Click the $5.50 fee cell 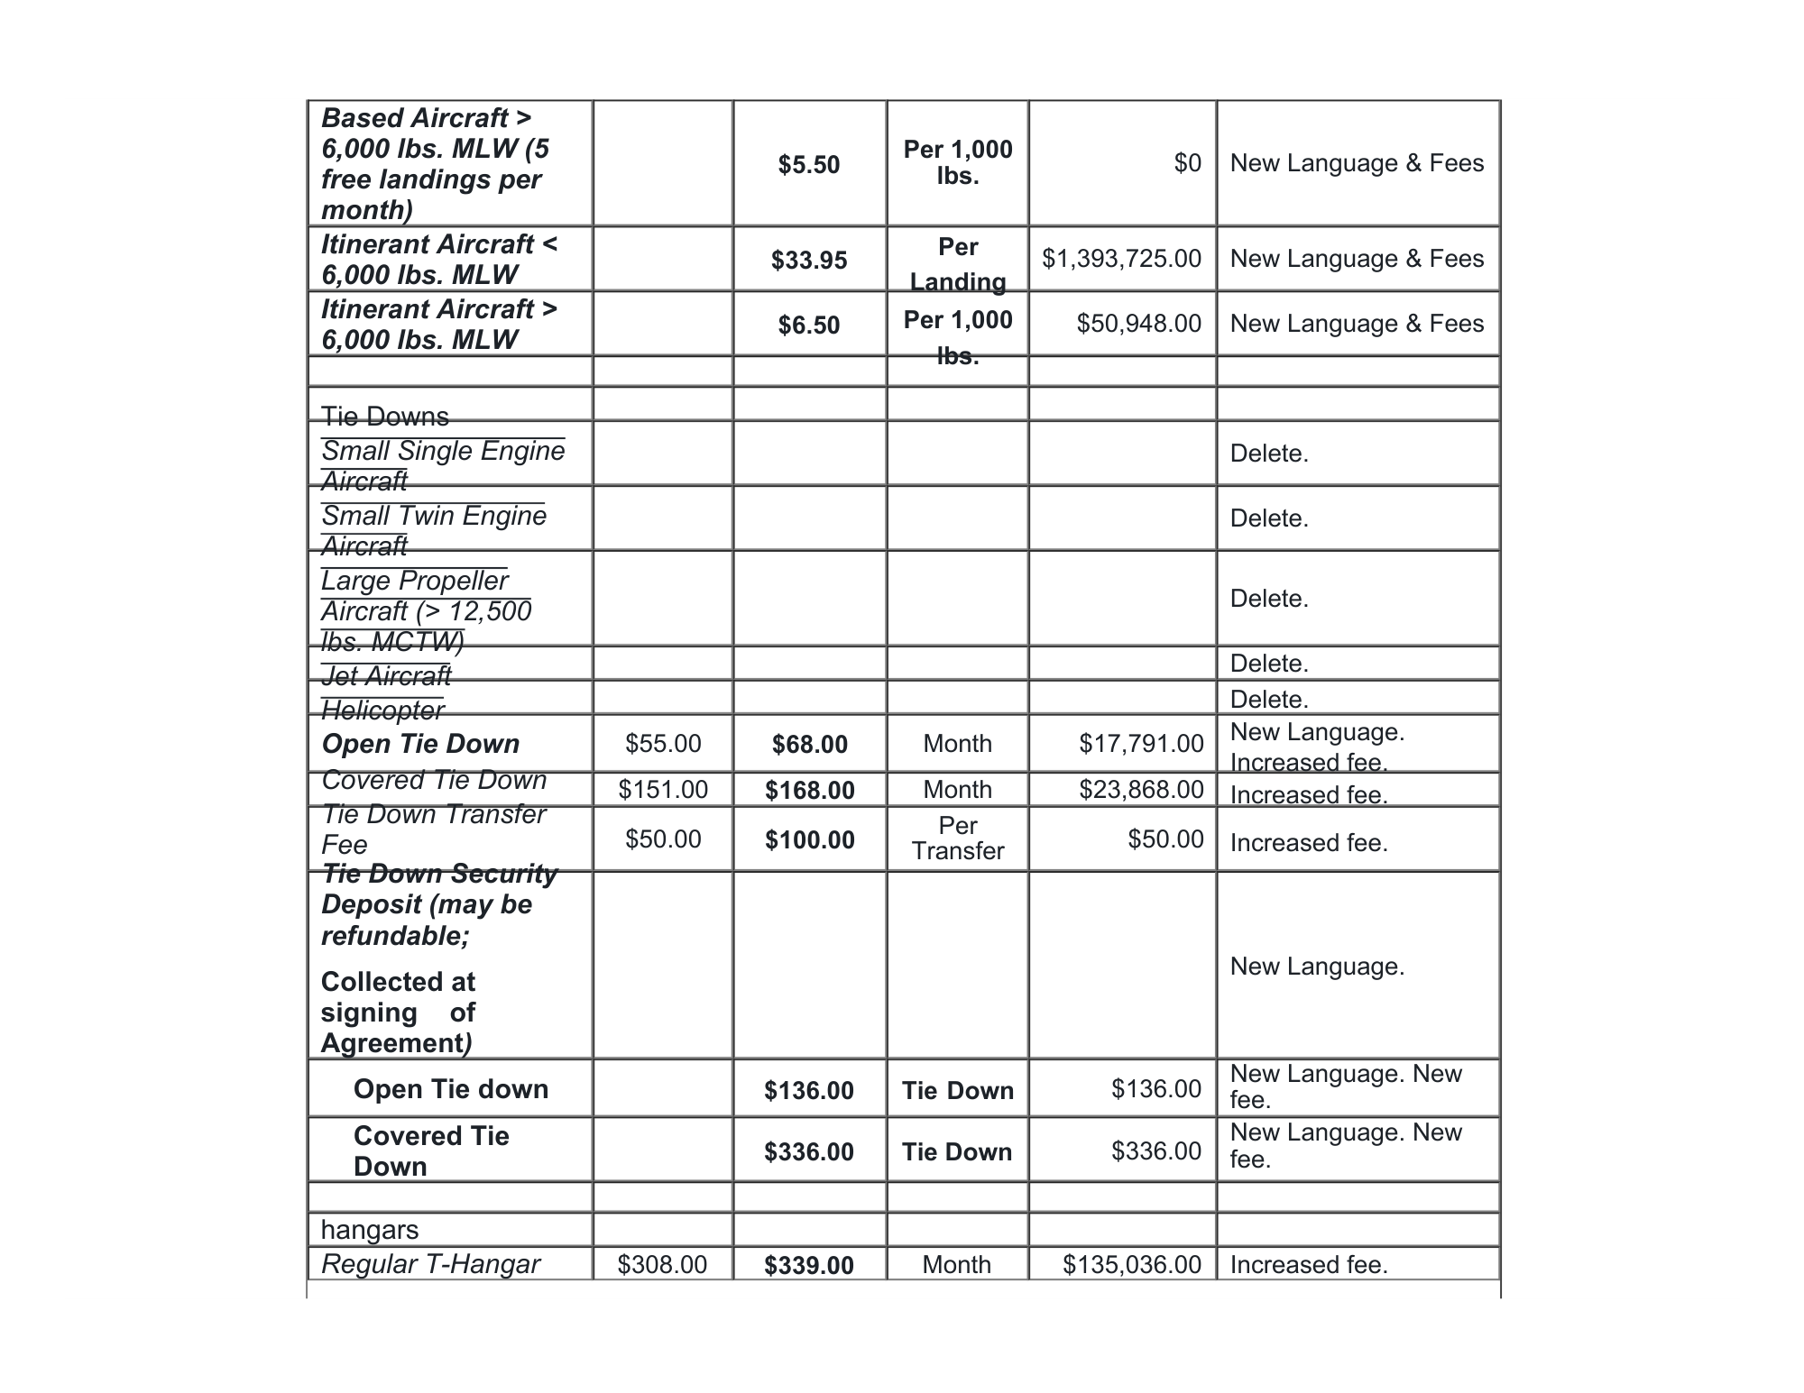(809, 165)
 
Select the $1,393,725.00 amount (1121, 259)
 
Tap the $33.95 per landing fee (809, 261)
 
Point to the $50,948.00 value (1138, 324)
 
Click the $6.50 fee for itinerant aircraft (809, 325)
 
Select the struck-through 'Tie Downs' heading (385, 417)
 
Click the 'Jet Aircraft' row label (386, 675)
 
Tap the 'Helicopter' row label (382, 710)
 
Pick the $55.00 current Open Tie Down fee (663, 744)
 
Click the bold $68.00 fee (810, 745)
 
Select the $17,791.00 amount (1141, 744)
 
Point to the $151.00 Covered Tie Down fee (663, 790)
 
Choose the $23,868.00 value (1141, 790)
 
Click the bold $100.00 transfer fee (810, 840)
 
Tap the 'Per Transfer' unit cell (958, 839)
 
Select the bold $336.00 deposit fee (809, 1151)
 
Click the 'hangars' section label (370, 1230)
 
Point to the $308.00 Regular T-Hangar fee (662, 1265)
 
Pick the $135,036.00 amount (1132, 1265)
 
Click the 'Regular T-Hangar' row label (430, 1264)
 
